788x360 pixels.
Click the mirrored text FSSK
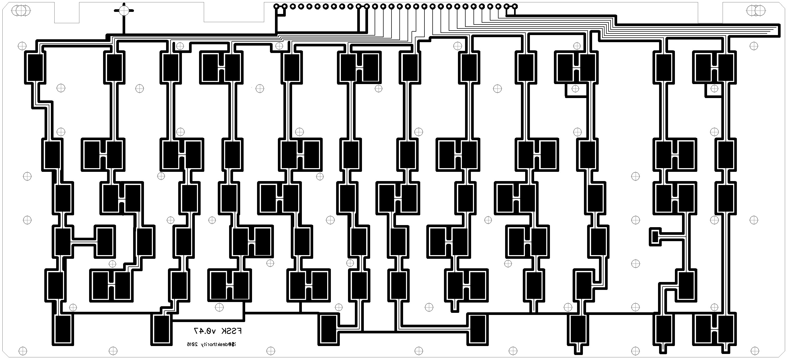(231, 331)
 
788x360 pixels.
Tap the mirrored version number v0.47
(205, 331)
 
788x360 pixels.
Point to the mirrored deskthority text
(220, 344)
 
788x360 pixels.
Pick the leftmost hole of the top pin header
(276, 6)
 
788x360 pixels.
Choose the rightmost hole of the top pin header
(515, 6)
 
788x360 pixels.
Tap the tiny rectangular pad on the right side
(655, 236)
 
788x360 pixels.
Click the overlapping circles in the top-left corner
(21, 11)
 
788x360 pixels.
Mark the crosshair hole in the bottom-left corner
(23, 351)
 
